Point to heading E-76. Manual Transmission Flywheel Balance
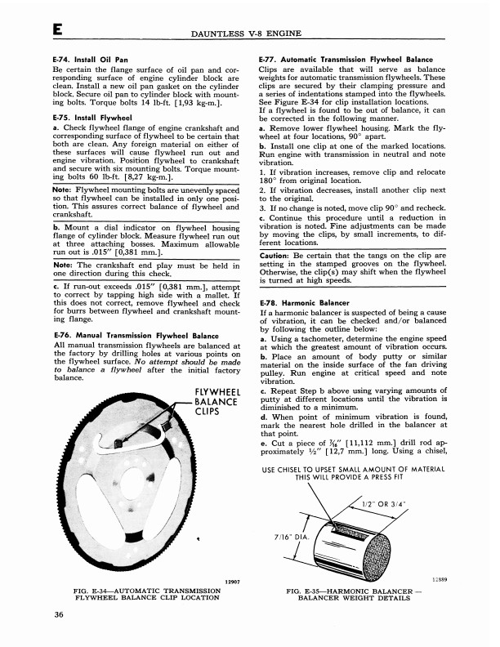pos(135,335)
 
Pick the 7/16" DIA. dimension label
pos(293,536)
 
